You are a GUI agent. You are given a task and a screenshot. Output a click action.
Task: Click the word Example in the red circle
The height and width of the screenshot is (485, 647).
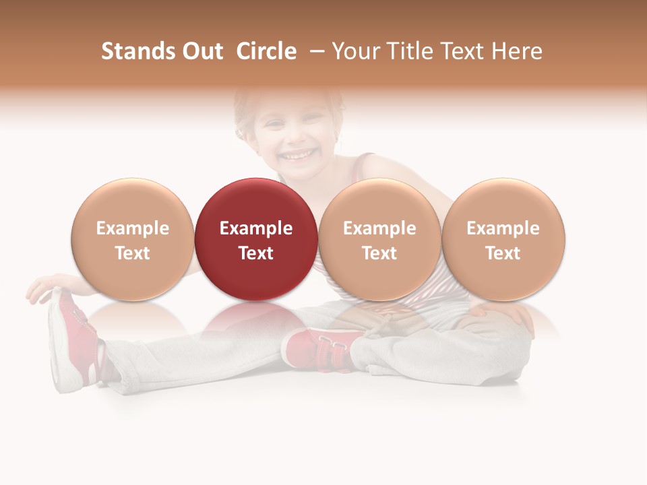coord(256,228)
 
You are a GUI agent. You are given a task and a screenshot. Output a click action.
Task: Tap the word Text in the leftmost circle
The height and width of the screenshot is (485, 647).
coord(132,253)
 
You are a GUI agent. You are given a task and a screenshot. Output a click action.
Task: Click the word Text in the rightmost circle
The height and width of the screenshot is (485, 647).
coord(503,253)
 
